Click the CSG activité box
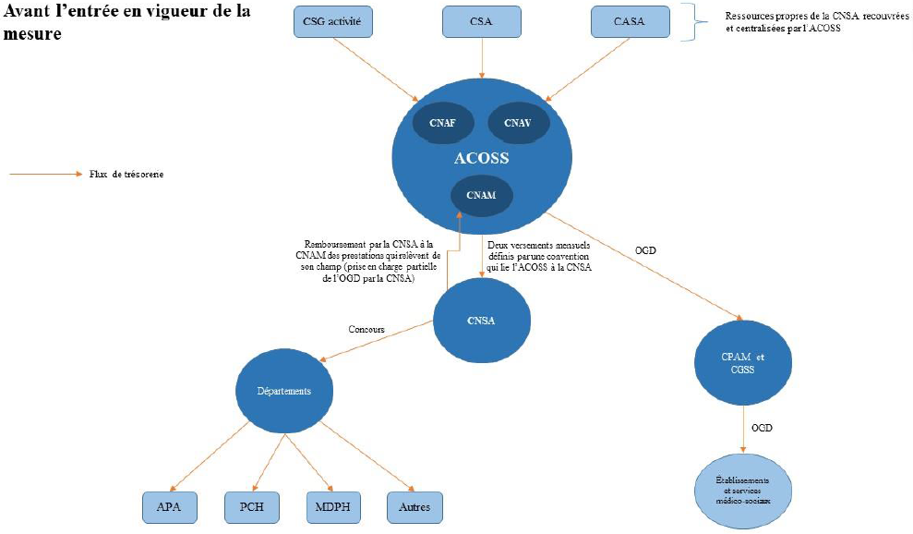click(x=334, y=21)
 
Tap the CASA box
click(x=629, y=21)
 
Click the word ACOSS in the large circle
click(x=481, y=158)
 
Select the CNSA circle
click(x=481, y=321)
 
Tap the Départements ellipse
click(x=283, y=391)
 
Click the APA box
click(x=169, y=506)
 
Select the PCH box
click(x=251, y=506)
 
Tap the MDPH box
click(x=331, y=506)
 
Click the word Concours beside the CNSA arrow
click(x=366, y=329)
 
